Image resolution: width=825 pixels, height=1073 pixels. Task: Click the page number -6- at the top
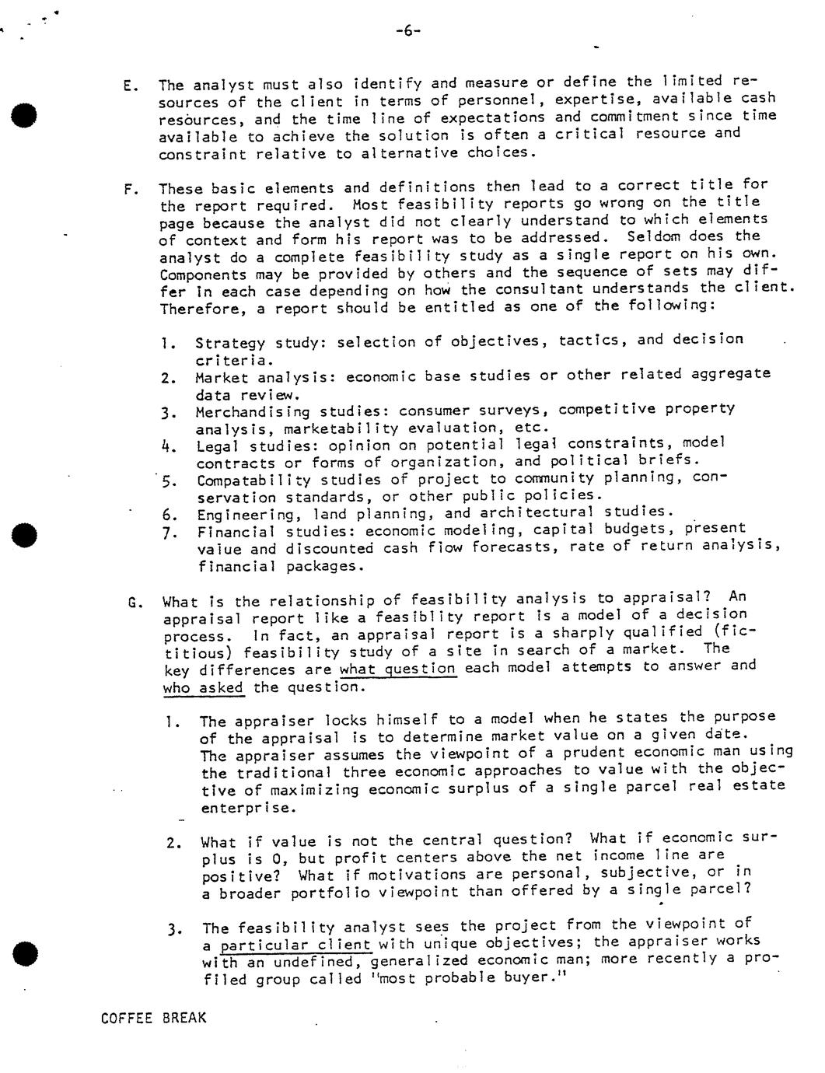408,31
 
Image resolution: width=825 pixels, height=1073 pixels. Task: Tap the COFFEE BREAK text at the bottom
154,1018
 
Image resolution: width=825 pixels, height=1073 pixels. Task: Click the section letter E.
130,86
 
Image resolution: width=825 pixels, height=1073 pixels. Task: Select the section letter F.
130,190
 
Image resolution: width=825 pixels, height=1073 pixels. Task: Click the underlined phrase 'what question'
398,668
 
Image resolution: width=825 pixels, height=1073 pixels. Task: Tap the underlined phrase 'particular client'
295,945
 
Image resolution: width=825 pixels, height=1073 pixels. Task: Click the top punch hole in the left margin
24,114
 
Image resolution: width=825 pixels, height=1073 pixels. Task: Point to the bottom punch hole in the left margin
25,952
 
